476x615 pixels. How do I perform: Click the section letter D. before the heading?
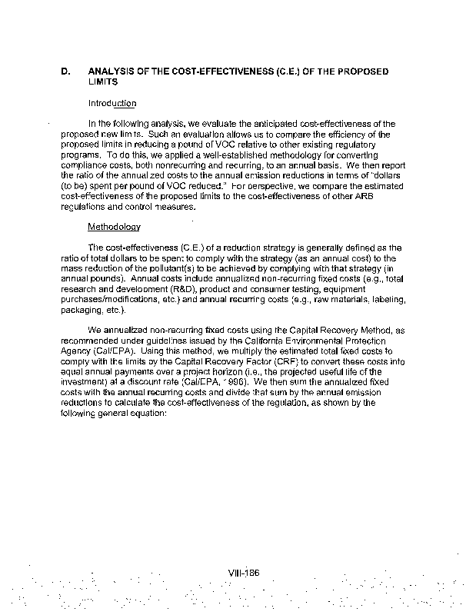[x=66, y=71]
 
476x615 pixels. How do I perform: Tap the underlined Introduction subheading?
[x=112, y=103]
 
